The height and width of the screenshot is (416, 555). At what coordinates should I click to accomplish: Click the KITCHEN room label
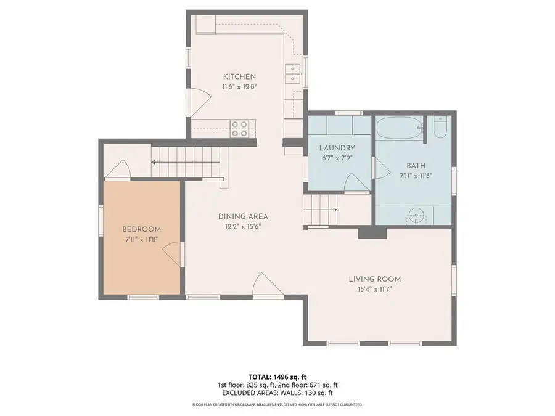[x=239, y=76]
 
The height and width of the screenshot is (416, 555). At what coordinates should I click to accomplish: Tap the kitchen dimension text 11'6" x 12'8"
[x=239, y=87]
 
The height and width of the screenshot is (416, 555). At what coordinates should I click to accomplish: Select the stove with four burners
[x=239, y=129]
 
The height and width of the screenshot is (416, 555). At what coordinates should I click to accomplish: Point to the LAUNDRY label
[x=337, y=148]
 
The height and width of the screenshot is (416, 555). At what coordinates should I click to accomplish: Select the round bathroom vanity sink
[x=416, y=216]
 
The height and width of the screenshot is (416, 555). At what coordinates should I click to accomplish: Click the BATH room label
[x=416, y=165]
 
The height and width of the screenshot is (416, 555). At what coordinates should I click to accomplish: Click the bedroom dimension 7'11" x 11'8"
[x=141, y=239]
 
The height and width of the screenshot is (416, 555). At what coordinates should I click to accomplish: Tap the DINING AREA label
[x=243, y=216]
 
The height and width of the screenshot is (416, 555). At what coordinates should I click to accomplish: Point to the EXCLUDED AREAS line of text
[x=277, y=393]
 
